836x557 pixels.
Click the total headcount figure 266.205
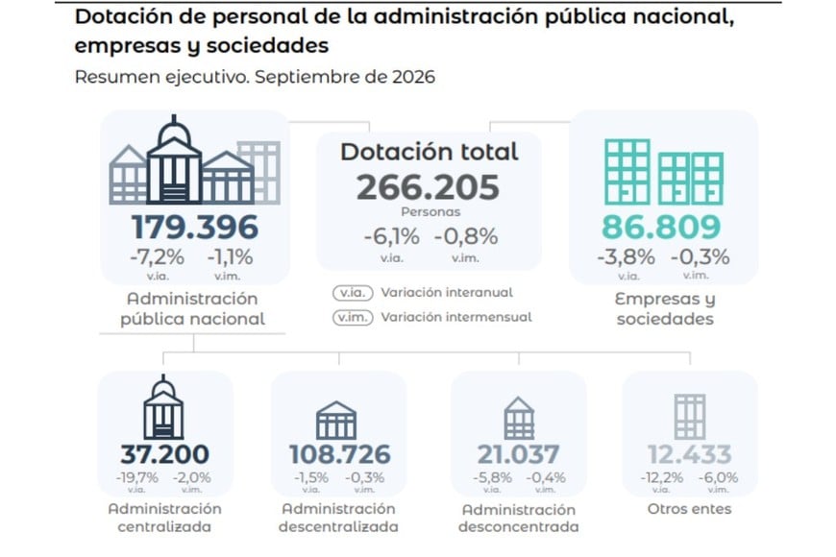pyautogui.click(x=428, y=187)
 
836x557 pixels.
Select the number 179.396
pyautogui.click(x=195, y=228)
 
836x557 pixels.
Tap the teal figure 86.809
pyautogui.click(x=661, y=227)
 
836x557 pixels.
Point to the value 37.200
pyautogui.click(x=164, y=454)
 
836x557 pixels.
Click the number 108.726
pyautogui.click(x=340, y=454)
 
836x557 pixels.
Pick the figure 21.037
pyautogui.click(x=518, y=454)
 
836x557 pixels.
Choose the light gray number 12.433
pyautogui.click(x=689, y=454)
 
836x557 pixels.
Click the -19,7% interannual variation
pyautogui.click(x=137, y=477)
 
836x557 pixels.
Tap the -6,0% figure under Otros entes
pyautogui.click(x=718, y=477)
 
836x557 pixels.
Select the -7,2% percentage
pyautogui.click(x=158, y=257)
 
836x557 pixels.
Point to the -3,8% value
pyautogui.click(x=626, y=257)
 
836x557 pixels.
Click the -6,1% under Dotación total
pyautogui.click(x=392, y=236)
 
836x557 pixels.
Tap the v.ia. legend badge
pyautogui.click(x=353, y=293)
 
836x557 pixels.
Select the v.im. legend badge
pyautogui.click(x=353, y=318)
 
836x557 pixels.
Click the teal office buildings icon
pyautogui.click(x=664, y=172)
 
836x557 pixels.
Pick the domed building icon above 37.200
pyautogui.click(x=163, y=407)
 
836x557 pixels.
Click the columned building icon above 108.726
pyautogui.click(x=336, y=421)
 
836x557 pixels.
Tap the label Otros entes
pyautogui.click(x=689, y=509)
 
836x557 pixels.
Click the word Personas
pyautogui.click(x=430, y=212)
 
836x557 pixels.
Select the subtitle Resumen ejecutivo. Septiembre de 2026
pyautogui.click(x=255, y=77)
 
